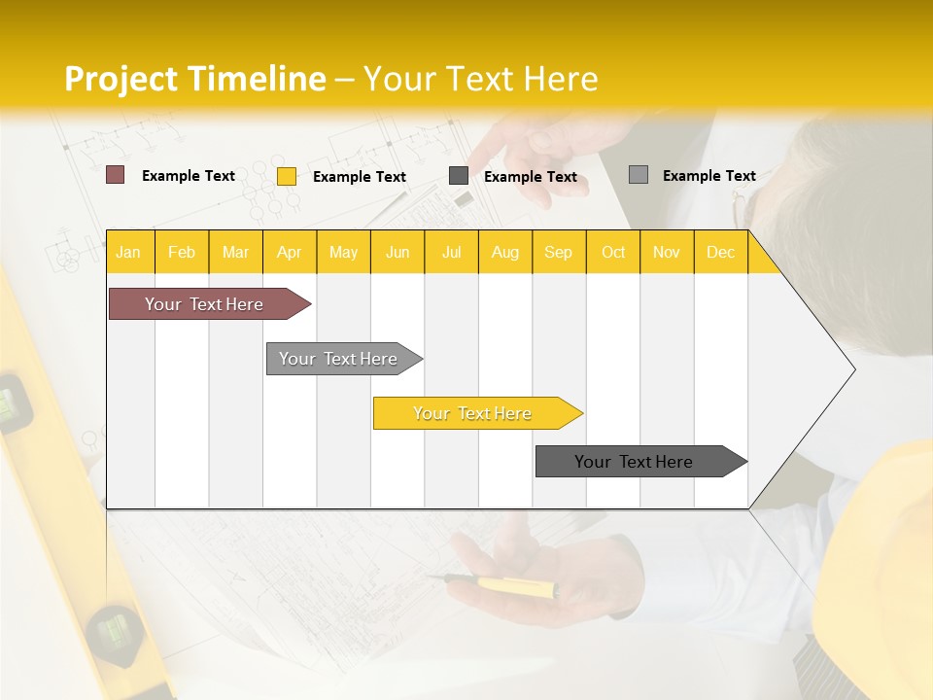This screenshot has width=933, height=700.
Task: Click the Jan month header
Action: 128,252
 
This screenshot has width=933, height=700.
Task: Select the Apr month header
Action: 289,252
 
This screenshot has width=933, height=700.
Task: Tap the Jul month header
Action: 451,252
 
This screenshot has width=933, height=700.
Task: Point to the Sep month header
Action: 558,252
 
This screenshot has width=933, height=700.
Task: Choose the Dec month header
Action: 720,252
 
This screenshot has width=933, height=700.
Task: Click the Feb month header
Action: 182,252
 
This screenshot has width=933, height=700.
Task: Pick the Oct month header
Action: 613,252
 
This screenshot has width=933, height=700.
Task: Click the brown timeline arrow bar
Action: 204,304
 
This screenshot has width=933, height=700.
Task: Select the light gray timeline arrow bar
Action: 338,359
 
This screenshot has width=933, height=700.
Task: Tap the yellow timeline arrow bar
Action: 472,413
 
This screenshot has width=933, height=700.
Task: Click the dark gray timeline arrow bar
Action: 634,462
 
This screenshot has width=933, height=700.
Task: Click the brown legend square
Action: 116,175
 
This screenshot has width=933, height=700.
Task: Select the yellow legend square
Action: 287,176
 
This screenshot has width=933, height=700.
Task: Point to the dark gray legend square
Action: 459,176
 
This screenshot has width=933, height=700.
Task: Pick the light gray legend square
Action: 639,175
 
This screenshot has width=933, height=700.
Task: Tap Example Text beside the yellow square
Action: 360,177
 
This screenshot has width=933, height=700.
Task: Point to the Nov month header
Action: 667,252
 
